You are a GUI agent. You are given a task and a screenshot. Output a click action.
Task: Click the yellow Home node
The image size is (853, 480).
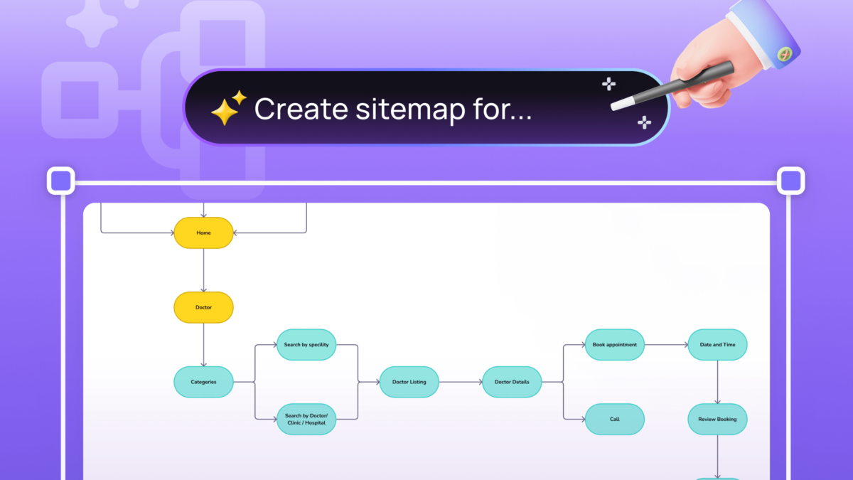[x=203, y=233]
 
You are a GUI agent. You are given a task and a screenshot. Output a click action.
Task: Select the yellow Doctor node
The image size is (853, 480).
[x=203, y=307]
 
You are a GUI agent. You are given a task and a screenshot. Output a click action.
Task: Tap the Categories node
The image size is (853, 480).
[x=203, y=382]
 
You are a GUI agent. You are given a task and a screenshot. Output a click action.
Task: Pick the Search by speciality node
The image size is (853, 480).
[x=306, y=345]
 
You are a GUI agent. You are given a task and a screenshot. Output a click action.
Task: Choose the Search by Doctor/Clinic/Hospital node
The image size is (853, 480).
[x=306, y=419]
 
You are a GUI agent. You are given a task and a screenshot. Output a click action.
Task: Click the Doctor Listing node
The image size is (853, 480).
[x=409, y=382]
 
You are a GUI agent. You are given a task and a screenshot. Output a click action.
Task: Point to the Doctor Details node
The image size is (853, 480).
[x=512, y=382]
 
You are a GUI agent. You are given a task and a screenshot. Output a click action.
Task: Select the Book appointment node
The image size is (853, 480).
[x=614, y=345]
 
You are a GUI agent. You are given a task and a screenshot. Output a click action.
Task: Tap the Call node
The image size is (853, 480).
[x=614, y=419]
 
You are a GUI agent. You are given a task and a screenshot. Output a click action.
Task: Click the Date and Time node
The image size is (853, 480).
[x=717, y=345]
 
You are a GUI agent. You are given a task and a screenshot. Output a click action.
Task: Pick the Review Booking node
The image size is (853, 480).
[x=717, y=419]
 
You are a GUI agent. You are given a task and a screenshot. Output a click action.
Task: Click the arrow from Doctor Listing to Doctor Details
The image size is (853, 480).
[x=460, y=382]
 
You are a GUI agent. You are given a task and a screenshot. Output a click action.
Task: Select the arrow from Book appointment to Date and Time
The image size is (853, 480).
[x=666, y=345]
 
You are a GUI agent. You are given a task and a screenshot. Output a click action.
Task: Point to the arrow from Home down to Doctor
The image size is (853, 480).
[x=203, y=270]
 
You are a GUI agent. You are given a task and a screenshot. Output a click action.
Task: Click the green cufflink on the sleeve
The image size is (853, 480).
[x=784, y=53]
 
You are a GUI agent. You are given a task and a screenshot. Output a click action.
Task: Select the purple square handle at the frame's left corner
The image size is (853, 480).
[x=61, y=181]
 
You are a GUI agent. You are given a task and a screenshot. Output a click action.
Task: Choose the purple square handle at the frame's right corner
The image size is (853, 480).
[x=790, y=181]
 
